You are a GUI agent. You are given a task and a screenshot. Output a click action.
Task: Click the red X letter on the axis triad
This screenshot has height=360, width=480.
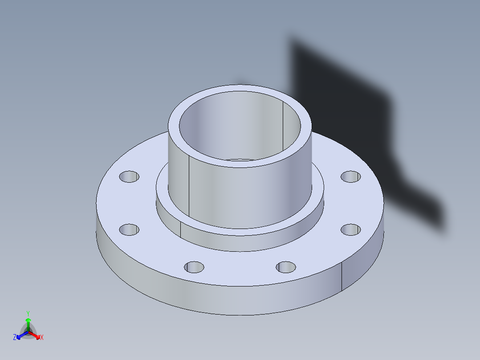point(42,338)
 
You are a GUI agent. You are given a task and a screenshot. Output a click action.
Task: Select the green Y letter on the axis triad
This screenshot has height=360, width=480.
point(28,313)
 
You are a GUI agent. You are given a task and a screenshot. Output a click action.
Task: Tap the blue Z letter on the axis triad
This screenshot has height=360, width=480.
point(15,338)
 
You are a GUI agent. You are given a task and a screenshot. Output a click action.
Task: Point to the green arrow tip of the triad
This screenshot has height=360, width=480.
point(28,320)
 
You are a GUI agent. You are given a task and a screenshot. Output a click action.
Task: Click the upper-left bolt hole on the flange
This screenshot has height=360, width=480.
point(129,177)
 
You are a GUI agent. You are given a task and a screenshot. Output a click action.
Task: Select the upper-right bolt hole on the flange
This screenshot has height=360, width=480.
point(350,176)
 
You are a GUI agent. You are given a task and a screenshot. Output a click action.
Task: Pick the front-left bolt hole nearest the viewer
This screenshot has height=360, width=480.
point(194,267)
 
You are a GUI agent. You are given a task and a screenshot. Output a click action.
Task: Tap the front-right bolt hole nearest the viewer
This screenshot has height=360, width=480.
point(285,267)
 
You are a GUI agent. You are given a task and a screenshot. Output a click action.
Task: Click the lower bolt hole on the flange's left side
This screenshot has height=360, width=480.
point(129,230)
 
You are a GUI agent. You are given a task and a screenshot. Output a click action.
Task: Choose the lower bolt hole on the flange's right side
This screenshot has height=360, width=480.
point(350,229)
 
